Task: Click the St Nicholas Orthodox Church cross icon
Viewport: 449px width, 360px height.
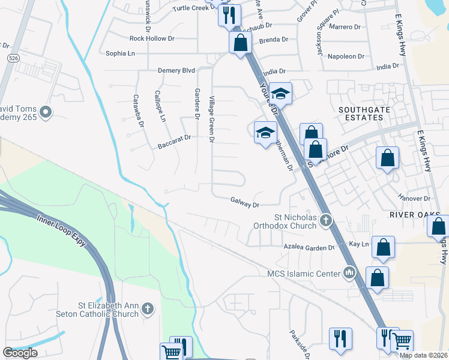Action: [326, 220]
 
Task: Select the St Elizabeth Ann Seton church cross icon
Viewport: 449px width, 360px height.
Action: [148, 310]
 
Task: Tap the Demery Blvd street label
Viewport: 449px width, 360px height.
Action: [176, 71]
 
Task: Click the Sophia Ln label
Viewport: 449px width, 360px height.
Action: [121, 53]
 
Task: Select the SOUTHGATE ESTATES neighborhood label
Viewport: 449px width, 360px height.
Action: [360, 113]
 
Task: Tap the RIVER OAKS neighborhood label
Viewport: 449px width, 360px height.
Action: [414, 215]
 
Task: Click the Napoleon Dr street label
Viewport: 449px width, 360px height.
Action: [345, 56]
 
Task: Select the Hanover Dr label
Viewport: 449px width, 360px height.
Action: [415, 198]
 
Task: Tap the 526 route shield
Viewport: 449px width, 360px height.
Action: [12, 59]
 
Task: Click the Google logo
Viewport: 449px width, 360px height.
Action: [20, 352]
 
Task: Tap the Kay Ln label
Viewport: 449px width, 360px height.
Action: [358, 244]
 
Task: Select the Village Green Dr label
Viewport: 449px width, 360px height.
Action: [211, 120]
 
